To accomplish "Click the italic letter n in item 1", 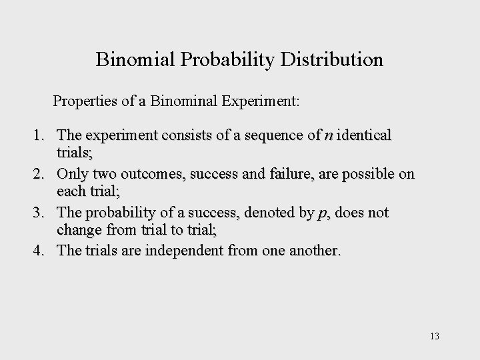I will click(x=328, y=136).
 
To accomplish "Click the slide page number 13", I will click(x=434, y=335).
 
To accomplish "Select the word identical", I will click(x=365, y=136).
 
